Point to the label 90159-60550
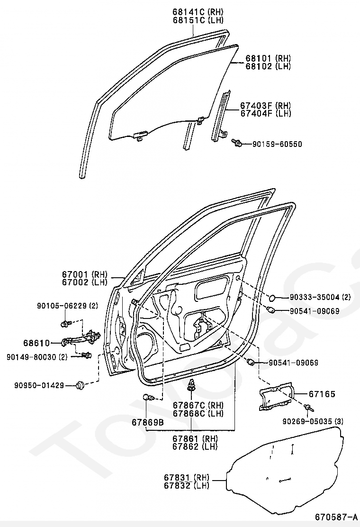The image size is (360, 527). pos(277,144)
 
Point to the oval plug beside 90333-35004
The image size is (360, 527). pos(273,298)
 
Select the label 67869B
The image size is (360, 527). pos(148,422)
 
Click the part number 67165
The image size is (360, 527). pos(322,394)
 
